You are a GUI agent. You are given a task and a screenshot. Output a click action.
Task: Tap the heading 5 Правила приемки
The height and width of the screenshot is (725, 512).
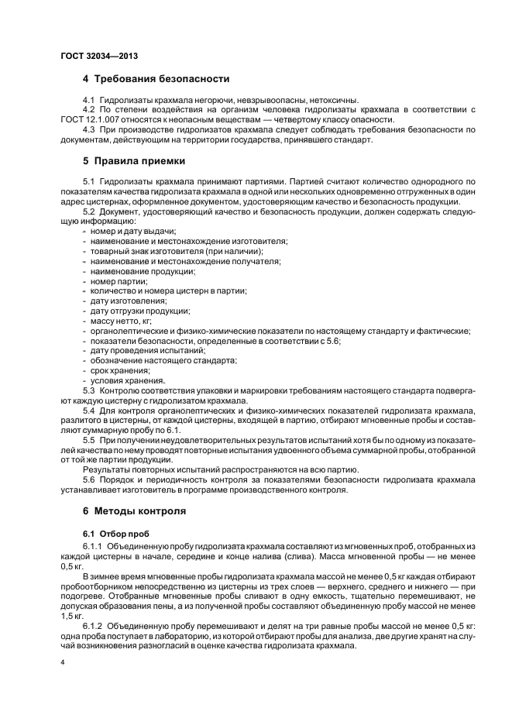tap(134, 161)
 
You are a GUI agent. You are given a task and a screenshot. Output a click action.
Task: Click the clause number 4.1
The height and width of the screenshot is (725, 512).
tap(88, 100)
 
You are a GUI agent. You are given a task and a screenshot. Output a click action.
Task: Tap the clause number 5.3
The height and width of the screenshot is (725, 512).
tap(88, 390)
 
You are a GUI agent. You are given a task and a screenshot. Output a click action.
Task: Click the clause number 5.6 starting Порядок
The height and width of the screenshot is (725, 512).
tap(88, 480)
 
